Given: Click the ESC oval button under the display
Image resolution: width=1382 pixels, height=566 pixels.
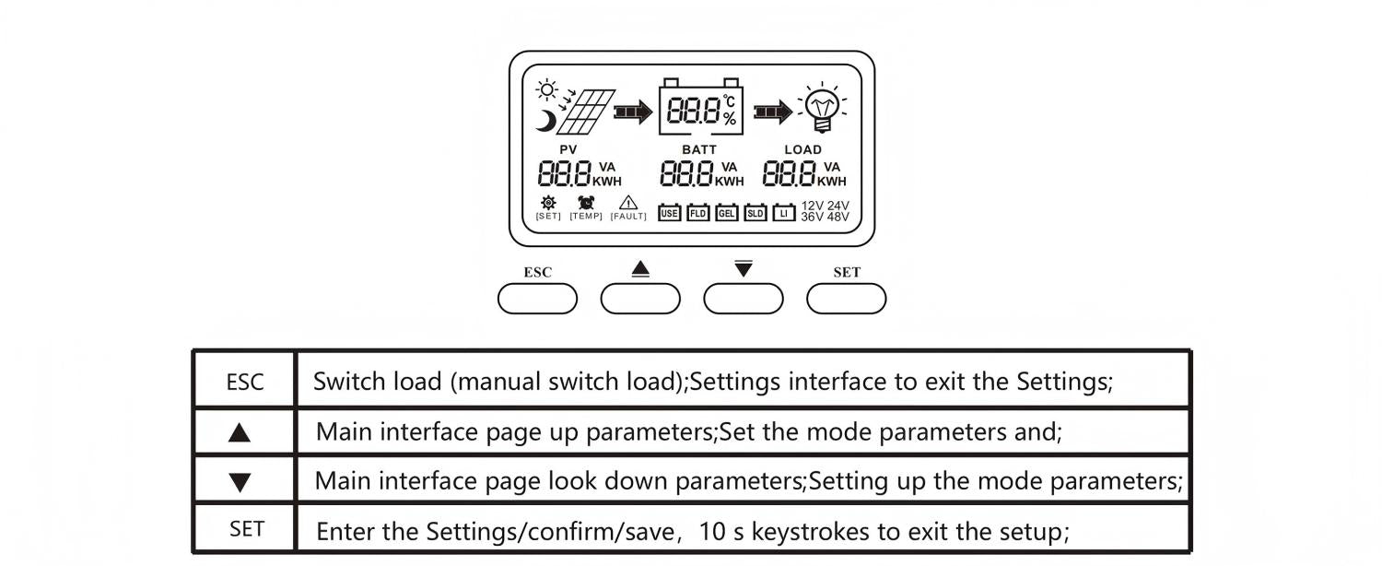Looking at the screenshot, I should [x=537, y=299].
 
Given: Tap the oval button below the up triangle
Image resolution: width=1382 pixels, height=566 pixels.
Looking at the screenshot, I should [x=640, y=299].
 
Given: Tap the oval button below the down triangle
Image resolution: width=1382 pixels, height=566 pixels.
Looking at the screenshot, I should [x=744, y=299].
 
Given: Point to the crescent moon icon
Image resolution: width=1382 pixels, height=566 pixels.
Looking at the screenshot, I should [x=547, y=120].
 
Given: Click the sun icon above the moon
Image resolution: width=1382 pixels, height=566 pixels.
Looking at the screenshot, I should [x=548, y=90].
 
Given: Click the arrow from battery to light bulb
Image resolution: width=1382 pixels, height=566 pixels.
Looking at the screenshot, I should [x=772, y=112].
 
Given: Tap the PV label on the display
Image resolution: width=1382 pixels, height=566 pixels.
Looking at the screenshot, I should [x=568, y=149].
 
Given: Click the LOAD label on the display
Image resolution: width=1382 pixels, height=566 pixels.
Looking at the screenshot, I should [x=802, y=149].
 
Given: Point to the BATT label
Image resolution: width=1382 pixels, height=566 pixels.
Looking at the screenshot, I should [x=699, y=149].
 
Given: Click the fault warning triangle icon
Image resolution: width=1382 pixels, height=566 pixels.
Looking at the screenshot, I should [x=628, y=204].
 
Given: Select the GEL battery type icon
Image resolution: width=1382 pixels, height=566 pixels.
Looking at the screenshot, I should [x=727, y=213].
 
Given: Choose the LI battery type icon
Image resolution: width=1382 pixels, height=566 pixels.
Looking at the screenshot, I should [x=784, y=213].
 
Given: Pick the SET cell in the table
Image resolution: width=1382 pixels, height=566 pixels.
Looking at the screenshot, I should [x=246, y=529].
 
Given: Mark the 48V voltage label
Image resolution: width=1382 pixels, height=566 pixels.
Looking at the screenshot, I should [x=837, y=218].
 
